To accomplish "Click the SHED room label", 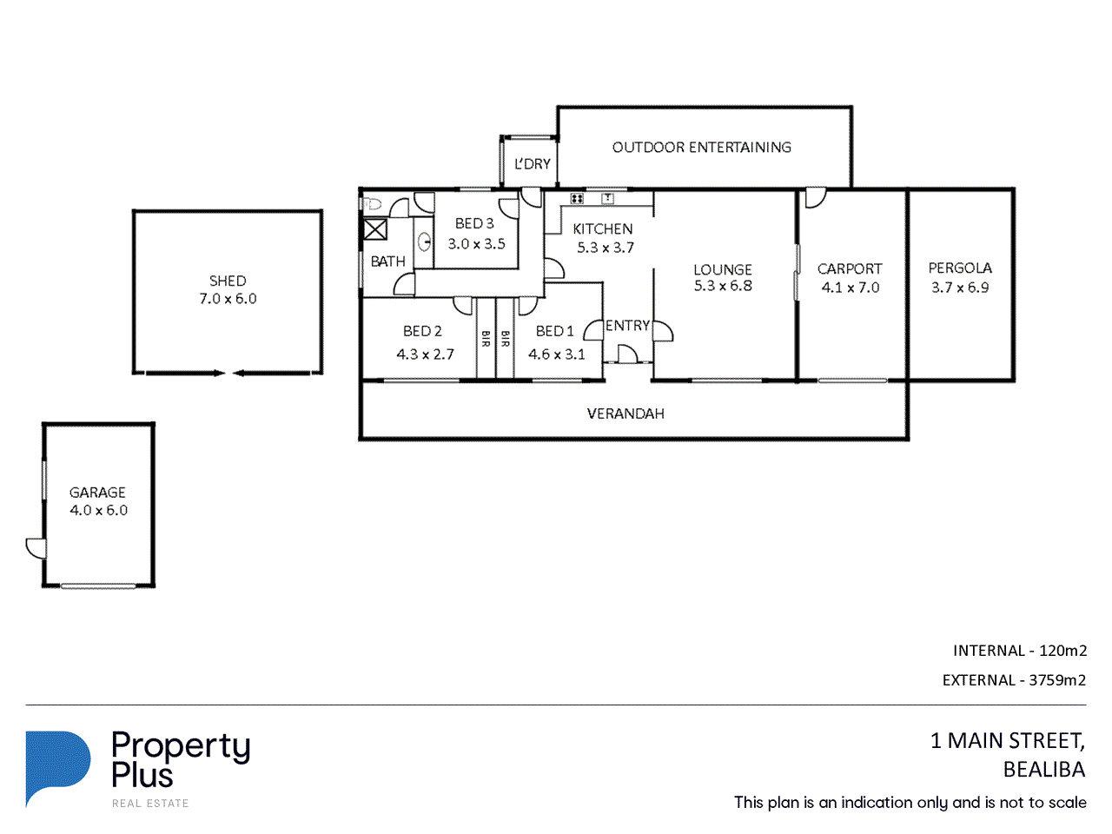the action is click(228, 281).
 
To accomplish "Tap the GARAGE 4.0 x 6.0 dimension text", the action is click(98, 510).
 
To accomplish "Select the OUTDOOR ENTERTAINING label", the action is click(702, 148).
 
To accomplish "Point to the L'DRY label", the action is click(532, 164).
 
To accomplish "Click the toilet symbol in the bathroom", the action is click(373, 204).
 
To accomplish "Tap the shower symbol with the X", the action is click(375, 228).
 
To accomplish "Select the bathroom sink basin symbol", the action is click(425, 242).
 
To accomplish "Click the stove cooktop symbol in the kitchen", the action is click(577, 198).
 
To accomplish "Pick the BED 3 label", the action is click(474, 223).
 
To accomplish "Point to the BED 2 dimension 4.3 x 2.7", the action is click(425, 354).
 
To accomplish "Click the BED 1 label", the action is click(555, 331).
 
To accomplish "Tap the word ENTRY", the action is click(628, 326).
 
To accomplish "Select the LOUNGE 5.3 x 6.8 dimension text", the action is click(723, 286).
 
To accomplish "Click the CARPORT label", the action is click(850, 269).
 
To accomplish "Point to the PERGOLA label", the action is click(960, 268).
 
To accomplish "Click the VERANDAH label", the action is click(625, 414).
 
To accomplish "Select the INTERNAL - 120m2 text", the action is click(1020, 651).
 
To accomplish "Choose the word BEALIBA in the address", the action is click(1044, 770).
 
